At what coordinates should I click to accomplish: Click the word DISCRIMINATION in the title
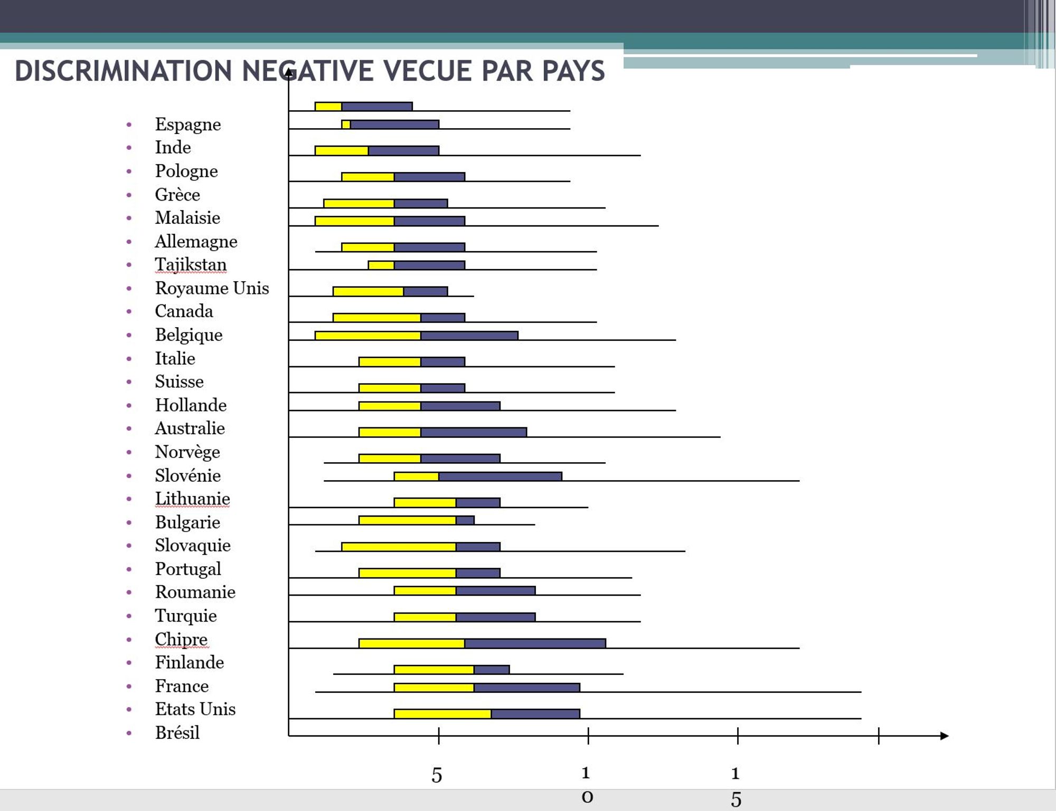pyautogui.click(x=123, y=71)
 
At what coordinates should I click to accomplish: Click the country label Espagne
pyautogui.click(x=187, y=125)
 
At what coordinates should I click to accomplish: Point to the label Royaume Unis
pyautogui.click(x=212, y=288)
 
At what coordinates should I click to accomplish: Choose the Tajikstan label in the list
pyautogui.click(x=191, y=264)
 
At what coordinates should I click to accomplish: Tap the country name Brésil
pyautogui.click(x=177, y=733)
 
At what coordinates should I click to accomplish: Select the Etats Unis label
pyautogui.click(x=195, y=709)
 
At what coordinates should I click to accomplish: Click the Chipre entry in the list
pyautogui.click(x=181, y=639)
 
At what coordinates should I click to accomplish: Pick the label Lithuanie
pyautogui.click(x=192, y=499)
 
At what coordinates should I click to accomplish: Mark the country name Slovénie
pyautogui.click(x=187, y=475)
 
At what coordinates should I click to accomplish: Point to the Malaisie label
pyautogui.click(x=187, y=218)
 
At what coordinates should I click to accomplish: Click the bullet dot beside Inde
pyautogui.click(x=129, y=148)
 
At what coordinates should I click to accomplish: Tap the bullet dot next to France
pyautogui.click(x=129, y=686)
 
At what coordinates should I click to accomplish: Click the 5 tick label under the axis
pyautogui.click(x=437, y=775)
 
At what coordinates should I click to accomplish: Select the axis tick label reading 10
pyautogui.click(x=587, y=785)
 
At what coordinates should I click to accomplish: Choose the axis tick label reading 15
pyautogui.click(x=736, y=786)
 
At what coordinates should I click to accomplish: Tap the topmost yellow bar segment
pyautogui.click(x=328, y=107)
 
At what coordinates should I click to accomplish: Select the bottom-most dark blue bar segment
pyautogui.click(x=535, y=714)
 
